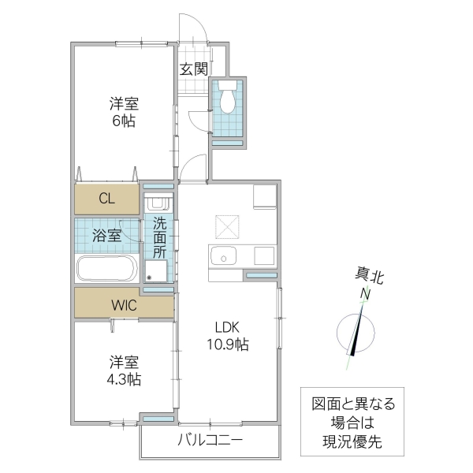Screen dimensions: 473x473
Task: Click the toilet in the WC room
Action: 229,99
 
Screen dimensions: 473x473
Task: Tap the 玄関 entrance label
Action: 192,69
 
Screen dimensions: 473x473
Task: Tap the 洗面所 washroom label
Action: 159,236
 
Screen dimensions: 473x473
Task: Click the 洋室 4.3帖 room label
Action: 124,371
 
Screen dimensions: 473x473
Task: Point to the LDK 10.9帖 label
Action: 229,336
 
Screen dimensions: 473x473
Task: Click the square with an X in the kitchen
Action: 229,226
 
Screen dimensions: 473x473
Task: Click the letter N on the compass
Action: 365,294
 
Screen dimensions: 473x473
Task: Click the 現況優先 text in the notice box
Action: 352,442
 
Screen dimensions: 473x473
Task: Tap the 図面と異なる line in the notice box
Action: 352,403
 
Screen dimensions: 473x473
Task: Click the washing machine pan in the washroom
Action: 157,270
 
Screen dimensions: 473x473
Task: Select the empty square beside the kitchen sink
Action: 263,256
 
